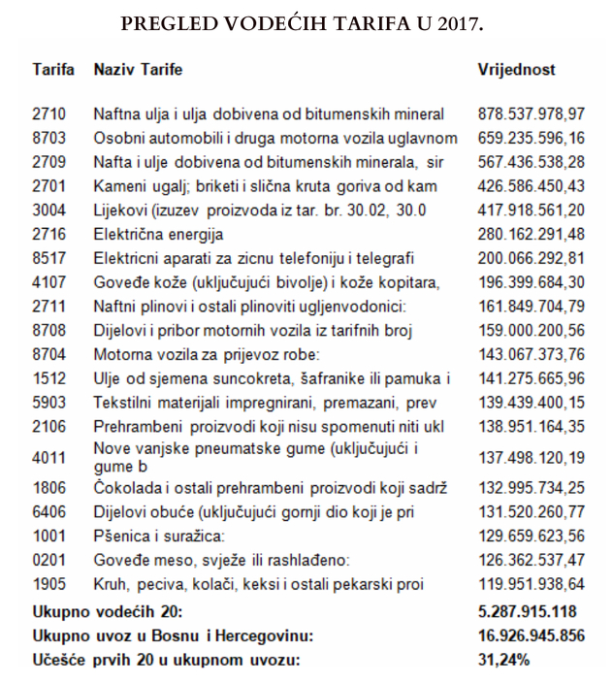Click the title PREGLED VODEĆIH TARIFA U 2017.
302,24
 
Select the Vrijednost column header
516,71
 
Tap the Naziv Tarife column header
138,71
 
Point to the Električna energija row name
158,234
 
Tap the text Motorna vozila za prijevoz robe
199,354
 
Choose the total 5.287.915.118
528,612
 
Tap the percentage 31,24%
503,661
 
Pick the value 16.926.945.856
532,636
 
